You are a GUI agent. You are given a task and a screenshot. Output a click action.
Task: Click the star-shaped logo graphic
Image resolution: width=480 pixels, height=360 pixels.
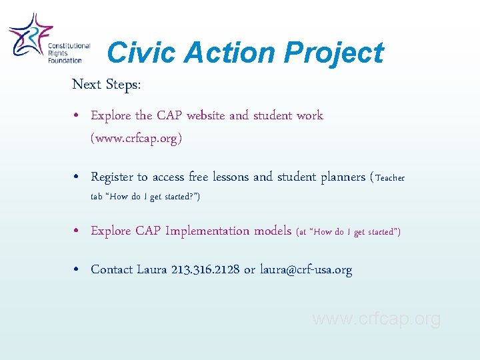point(29,37)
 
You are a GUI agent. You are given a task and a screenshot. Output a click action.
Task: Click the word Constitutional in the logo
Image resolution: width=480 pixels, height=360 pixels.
point(69,46)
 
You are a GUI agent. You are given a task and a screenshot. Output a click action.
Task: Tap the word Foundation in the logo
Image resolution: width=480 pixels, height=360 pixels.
point(65,61)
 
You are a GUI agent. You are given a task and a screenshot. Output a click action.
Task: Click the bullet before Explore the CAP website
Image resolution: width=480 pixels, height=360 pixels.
point(77,116)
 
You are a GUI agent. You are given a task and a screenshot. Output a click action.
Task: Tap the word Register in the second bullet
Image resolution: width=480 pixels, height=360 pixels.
point(112,177)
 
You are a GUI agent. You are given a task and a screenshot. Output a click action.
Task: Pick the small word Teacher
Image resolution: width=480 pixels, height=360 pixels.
point(390,178)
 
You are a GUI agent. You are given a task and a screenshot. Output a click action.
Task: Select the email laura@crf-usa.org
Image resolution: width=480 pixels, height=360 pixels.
point(306,270)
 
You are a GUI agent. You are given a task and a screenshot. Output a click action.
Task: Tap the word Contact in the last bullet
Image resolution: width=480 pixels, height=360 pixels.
point(112,270)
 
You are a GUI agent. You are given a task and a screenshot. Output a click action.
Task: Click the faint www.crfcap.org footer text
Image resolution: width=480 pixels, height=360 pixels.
point(377,319)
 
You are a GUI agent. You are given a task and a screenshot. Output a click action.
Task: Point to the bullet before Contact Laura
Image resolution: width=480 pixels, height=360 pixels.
point(77,270)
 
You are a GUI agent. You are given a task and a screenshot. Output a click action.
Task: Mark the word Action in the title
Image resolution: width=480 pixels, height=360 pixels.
point(225,53)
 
